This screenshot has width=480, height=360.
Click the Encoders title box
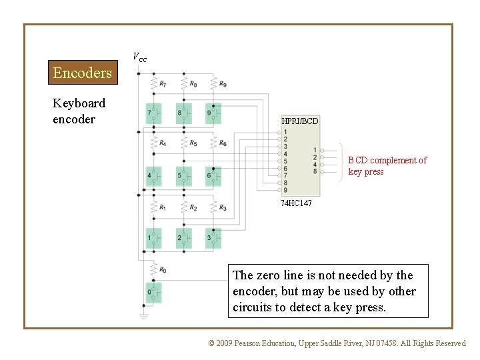(83, 73)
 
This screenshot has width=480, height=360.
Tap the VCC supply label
(139, 57)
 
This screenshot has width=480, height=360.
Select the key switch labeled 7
(153, 113)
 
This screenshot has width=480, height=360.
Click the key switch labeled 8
(183, 113)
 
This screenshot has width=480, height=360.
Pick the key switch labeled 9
(213, 113)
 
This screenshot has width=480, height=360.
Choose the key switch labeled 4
(153, 176)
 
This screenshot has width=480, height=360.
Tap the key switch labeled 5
(183, 176)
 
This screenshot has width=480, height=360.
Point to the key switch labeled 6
(213, 176)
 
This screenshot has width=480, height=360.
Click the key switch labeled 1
(153, 238)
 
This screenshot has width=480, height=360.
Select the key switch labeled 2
(183, 238)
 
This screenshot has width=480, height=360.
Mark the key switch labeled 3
(213, 238)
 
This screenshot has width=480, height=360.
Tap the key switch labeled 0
(153, 293)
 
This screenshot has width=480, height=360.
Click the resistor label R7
(163, 84)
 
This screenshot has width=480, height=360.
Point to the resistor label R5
(193, 143)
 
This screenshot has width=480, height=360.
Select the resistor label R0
(163, 269)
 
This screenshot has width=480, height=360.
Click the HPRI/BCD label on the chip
(299, 121)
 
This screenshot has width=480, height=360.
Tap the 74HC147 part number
(295, 203)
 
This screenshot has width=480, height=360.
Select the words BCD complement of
(387, 160)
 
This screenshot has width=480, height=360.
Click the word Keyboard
(79, 103)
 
